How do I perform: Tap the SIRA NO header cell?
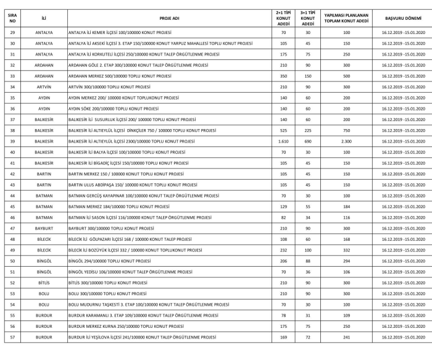pyautogui.click(x=12, y=19)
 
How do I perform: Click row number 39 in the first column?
pyautogui.click(x=12, y=141)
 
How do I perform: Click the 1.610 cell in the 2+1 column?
pyautogui.click(x=283, y=141)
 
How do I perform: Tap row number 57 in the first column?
pyautogui.click(x=12, y=338)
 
